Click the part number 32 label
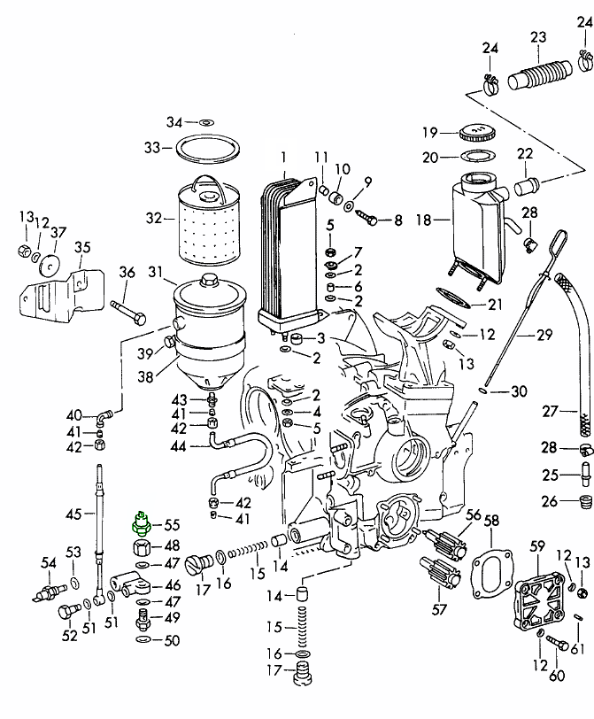154,217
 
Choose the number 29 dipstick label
544,336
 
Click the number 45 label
74,514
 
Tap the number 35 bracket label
82,247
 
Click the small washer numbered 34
204,121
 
